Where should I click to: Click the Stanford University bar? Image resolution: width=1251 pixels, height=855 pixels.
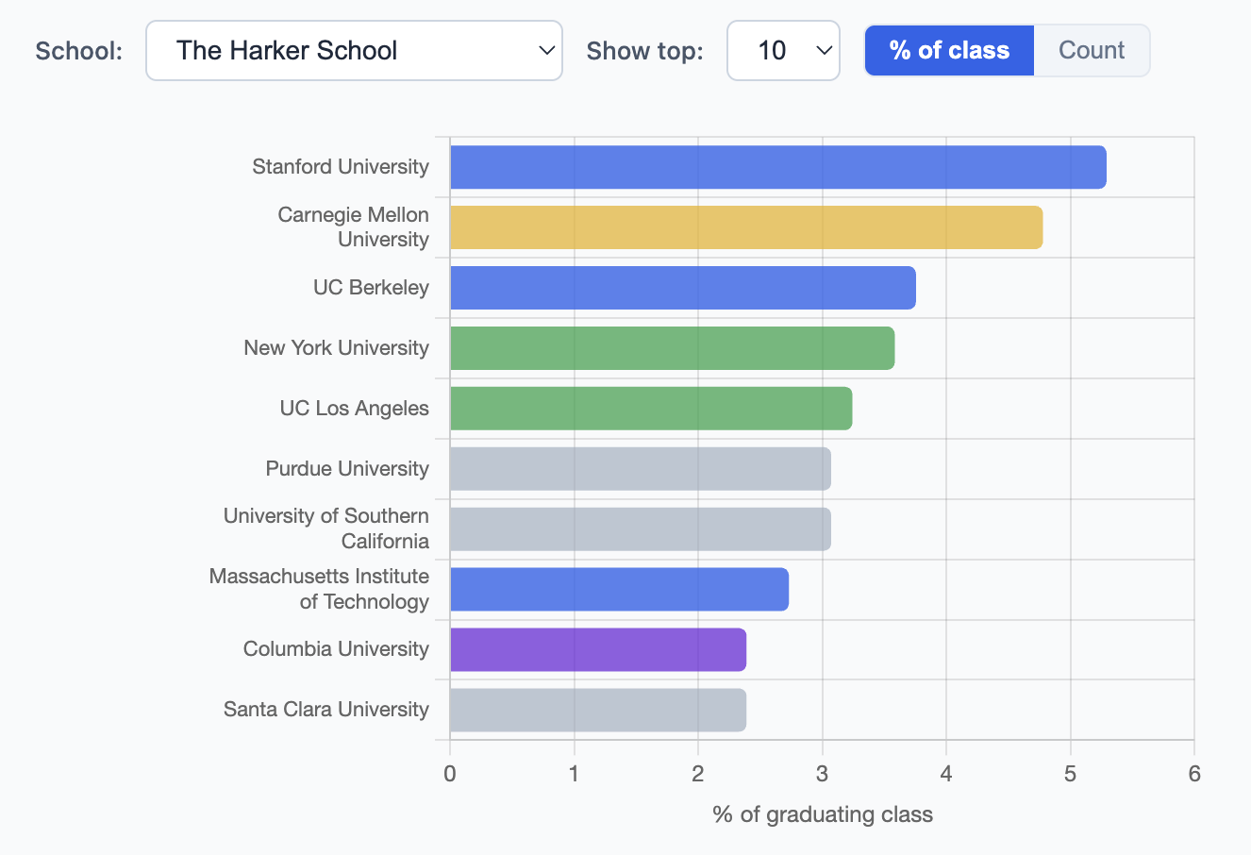[x=777, y=167]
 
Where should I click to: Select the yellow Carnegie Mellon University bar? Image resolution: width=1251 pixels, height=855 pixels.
[x=745, y=227]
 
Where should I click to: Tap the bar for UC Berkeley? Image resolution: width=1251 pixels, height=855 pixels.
[x=682, y=288]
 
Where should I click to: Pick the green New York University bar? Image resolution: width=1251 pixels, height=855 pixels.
[x=672, y=348]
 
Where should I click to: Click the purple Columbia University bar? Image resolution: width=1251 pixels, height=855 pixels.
[x=597, y=650]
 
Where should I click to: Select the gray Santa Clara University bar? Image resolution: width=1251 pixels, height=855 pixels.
[x=597, y=711]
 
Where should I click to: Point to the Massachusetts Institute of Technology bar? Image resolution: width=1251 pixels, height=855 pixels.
[x=619, y=590]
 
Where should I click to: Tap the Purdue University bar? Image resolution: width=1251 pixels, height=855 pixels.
[x=640, y=469]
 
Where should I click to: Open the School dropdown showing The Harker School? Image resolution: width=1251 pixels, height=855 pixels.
[x=354, y=51]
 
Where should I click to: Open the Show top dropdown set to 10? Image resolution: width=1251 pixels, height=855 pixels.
[x=783, y=51]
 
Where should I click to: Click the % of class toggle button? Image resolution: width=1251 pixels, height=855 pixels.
[x=949, y=51]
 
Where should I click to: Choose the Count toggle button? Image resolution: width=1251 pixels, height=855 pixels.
[x=1092, y=51]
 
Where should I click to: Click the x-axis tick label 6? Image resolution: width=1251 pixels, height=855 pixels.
[x=1194, y=774]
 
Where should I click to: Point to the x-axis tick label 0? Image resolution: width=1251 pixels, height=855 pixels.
[x=450, y=774]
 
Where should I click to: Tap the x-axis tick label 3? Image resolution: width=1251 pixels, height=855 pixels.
[x=822, y=774]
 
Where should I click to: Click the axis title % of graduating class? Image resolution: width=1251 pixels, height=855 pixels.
[x=823, y=814]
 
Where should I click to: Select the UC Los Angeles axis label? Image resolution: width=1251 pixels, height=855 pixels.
[x=354, y=409]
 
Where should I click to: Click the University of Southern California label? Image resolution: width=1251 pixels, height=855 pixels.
[x=326, y=528]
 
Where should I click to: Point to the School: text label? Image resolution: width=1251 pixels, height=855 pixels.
[x=79, y=51]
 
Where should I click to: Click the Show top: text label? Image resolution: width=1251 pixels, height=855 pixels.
[x=644, y=51]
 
